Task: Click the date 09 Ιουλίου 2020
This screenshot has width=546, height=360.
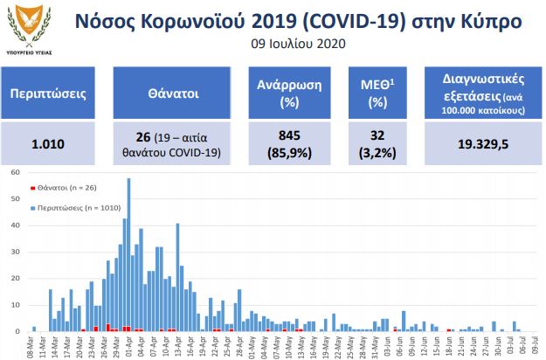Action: tap(299, 44)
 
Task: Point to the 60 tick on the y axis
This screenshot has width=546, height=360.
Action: tap(14, 172)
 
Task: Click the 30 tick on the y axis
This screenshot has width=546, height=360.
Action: tap(14, 252)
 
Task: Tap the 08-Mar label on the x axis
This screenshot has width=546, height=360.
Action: tap(33, 346)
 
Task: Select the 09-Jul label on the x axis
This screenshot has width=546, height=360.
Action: tap(535, 346)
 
